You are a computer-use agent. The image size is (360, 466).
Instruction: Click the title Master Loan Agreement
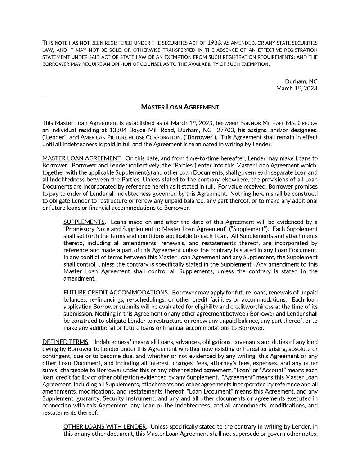(x=180, y=107)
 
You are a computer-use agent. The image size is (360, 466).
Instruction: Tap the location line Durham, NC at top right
(x=301, y=81)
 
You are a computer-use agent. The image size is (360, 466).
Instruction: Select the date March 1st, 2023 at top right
(x=297, y=89)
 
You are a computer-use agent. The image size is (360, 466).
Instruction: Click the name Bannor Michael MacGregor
(x=279, y=123)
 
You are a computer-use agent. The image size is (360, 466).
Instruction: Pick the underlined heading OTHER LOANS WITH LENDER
(x=105, y=426)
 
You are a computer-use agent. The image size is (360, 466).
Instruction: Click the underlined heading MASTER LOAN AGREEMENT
(x=81, y=158)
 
